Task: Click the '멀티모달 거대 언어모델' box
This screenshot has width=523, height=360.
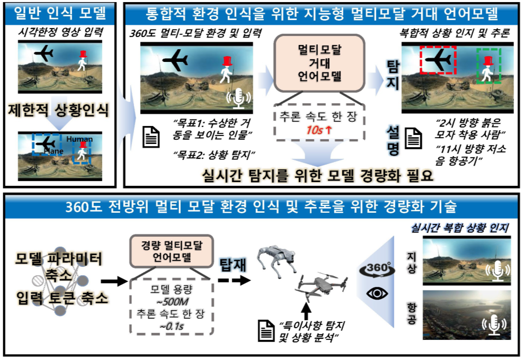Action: click(x=319, y=64)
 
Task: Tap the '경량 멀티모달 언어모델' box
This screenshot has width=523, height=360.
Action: click(x=172, y=251)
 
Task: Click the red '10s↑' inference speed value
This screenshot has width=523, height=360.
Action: click(x=319, y=130)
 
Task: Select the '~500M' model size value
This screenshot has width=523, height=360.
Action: click(x=172, y=302)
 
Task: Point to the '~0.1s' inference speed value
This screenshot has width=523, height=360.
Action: click(x=172, y=326)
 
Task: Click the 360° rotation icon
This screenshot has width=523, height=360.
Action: click(x=376, y=268)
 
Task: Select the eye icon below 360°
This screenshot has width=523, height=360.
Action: click(x=377, y=294)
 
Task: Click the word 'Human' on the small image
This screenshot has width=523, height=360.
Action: click(x=79, y=139)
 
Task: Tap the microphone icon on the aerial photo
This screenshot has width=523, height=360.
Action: click(x=494, y=325)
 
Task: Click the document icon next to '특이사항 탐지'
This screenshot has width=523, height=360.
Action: click(x=266, y=331)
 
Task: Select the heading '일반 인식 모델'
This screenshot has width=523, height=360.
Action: click(x=60, y=13)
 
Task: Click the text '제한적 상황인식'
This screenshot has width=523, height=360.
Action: click(x=59, y=110)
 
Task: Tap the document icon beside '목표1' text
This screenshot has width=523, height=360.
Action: click(x=151, y=137)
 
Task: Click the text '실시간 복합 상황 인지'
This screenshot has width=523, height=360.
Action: click(x=459, y=228)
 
